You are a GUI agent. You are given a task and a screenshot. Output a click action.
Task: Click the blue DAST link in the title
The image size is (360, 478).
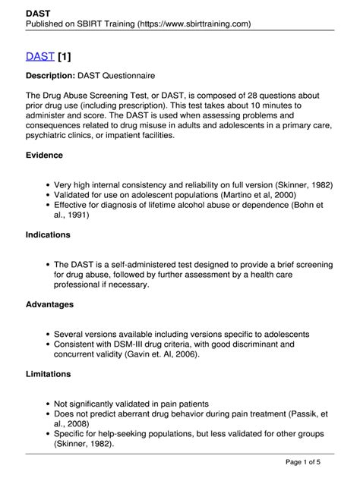click(39, 56)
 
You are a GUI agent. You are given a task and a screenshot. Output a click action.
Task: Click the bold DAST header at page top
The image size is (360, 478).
click(38, 13)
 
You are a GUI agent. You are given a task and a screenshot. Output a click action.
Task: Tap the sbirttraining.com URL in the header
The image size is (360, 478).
click(194, 24)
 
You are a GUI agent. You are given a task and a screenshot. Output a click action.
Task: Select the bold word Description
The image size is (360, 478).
click(51, 76)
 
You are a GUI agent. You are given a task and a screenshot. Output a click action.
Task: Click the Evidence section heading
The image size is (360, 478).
click(45, 156)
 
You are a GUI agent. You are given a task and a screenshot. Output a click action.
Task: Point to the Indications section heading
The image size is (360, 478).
click(48, 235)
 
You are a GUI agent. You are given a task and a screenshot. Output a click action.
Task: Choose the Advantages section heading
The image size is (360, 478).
click(49, 304)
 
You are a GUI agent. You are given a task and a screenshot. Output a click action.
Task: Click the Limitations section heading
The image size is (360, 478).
click(48, 374)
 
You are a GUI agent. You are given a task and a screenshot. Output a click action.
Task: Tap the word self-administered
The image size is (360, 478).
click(142, 265)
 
